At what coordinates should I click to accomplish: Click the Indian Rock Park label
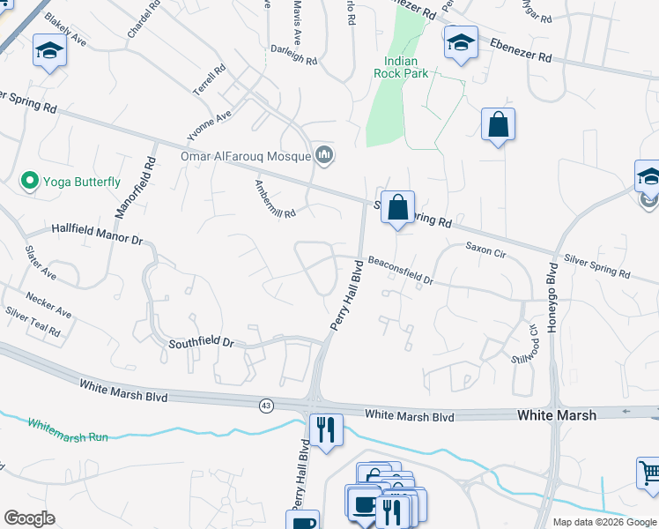pos(406,67)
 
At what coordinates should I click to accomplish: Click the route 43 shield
pos(266,406)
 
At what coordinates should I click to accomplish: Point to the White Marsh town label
pos(556,414)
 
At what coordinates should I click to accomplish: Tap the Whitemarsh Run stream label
pos(67,429)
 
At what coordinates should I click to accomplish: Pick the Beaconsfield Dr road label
pos(401,271)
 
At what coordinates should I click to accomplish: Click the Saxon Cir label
pos(485,252)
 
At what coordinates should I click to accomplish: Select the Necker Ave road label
pos(48,305)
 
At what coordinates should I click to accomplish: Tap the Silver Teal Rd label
pos(33,321)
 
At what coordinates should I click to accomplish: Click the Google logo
pos(29,518)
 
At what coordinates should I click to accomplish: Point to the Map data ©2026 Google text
pos(603,522)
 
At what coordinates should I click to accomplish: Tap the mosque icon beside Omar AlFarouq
pos(324,156)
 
